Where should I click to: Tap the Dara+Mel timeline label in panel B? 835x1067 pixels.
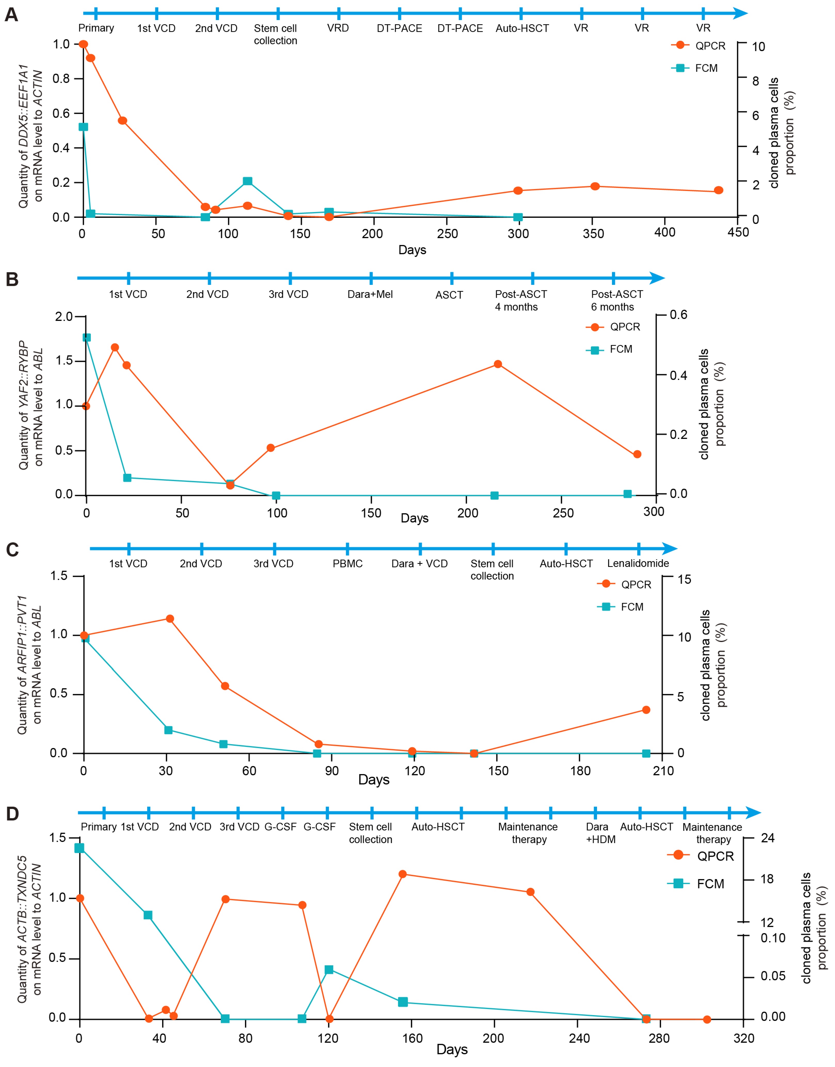(370, 294)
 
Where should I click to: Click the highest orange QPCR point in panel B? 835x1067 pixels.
(115, 348)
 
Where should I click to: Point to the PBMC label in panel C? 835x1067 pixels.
(348, 564)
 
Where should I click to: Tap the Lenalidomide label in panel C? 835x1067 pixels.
(638, 563)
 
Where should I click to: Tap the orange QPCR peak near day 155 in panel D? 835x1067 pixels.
(402, 874)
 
